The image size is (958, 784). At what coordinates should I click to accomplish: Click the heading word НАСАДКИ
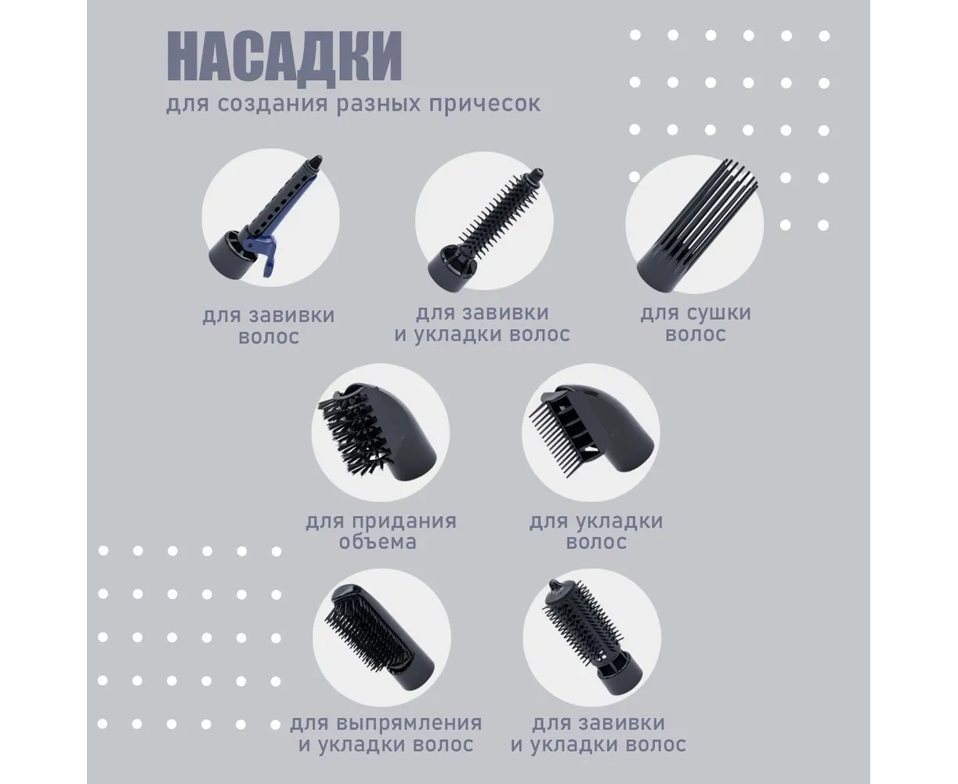coord(284,58)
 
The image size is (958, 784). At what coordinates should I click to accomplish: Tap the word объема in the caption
coord(378,542)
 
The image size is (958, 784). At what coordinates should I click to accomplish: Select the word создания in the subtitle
coord(272,104)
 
